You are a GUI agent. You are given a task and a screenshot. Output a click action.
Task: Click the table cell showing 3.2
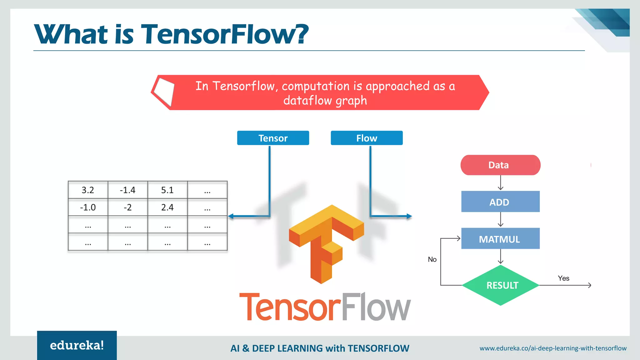click(x=88, y=190)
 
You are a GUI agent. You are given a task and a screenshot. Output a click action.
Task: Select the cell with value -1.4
click(x=127, y=190)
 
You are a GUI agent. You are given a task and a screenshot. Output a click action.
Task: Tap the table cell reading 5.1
click(x=167, y=190)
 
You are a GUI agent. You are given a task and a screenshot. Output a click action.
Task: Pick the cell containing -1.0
click(x=88, y=207)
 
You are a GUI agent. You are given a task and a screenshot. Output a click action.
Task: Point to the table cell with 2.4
click(x=167, y=207)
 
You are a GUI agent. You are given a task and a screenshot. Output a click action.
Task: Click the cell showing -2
click(x=127, y=207)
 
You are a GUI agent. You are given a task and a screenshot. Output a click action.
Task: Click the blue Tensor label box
click(x=273, y=138)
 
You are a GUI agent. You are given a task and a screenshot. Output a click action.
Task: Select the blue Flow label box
click(x=367, y=138)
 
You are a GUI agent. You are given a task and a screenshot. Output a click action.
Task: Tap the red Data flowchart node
click(x=500, y=165)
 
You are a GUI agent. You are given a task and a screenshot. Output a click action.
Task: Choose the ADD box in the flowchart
click(x=500, y=202)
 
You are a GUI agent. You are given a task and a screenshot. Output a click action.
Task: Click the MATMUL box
click(x=500, y=239)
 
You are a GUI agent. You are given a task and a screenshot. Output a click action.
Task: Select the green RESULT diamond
click(x=501, y=285)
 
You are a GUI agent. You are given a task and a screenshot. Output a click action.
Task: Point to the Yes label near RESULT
click(x=563, y=278)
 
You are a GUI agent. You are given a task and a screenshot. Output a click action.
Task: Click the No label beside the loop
click(x=432, y=259)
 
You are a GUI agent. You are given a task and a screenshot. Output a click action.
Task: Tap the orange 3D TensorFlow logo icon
click(x=326, y=244)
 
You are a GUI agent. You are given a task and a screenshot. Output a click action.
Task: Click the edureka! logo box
click(x=77, y=345)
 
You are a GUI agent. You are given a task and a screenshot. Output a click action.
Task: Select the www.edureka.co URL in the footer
click(x=553, y=348)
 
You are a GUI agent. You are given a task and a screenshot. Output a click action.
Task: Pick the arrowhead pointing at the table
click(x=231, y=216)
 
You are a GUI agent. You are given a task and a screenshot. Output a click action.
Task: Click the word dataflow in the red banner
click(x=307, y=101)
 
